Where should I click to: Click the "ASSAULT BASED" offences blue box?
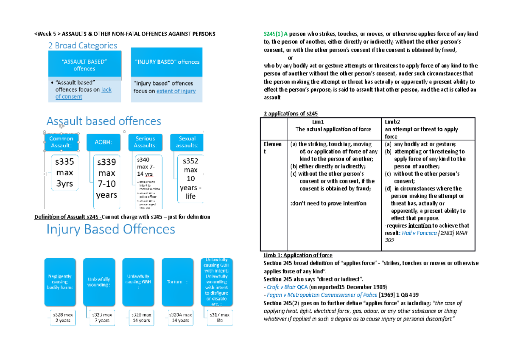pos(84,65)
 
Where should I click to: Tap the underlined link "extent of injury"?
pos(176,91)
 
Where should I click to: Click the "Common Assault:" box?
pos(62,142)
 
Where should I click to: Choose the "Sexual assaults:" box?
pos(187,142)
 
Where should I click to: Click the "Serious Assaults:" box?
pos(145,142)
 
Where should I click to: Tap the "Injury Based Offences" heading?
pos(110,230)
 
